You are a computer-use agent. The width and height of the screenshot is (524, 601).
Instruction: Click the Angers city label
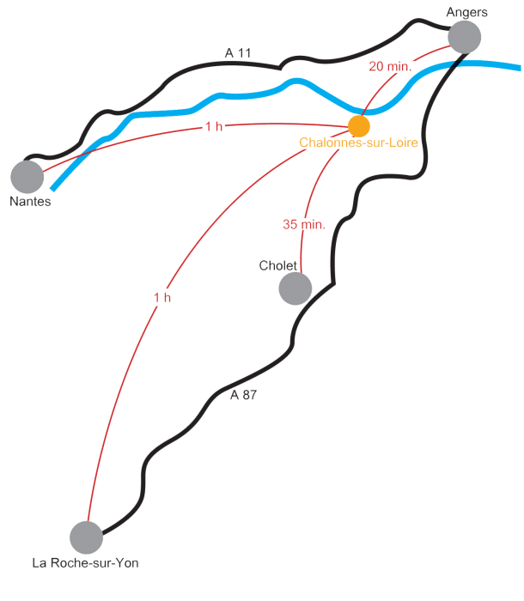[467, 12]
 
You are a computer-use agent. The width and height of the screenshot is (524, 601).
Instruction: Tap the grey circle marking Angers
[465, 37]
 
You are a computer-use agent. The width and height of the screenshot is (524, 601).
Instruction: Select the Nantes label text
[30, 201]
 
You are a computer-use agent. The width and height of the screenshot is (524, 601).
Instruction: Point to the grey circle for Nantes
[27, 176]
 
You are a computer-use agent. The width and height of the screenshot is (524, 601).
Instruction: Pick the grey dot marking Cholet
[296, 288]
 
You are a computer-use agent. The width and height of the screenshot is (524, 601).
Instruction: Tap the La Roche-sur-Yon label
[85, 563]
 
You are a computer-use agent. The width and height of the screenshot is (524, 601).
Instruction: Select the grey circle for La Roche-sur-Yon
[86, 537]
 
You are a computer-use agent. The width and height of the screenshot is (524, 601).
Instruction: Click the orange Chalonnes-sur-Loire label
[358, 143]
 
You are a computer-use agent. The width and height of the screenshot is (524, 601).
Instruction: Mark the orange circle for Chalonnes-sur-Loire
[359, 125]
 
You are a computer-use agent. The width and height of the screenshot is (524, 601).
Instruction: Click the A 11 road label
[238, 54]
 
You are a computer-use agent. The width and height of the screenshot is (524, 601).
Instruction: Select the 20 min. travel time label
[390, 66]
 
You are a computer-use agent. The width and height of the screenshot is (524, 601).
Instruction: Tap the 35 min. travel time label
[304, 224]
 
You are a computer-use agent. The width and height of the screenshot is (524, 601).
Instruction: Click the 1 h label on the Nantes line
[214, 126]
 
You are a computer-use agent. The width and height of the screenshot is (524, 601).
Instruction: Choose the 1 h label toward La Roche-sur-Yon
[162, 297]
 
